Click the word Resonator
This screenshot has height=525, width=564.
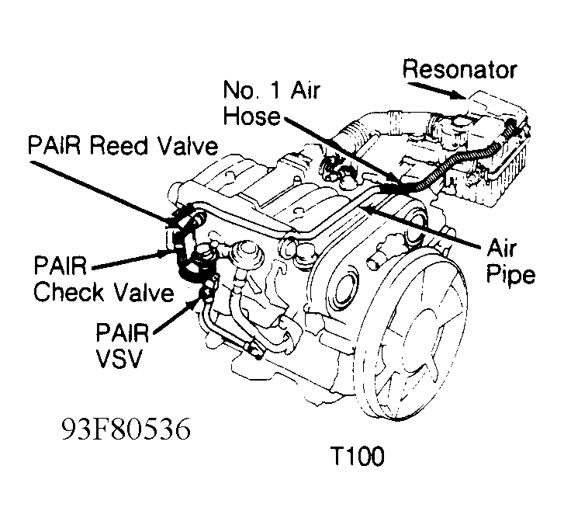(459, 69)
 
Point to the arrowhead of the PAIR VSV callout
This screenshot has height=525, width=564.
(202, 294)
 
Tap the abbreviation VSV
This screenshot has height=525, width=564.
(121, 362)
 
